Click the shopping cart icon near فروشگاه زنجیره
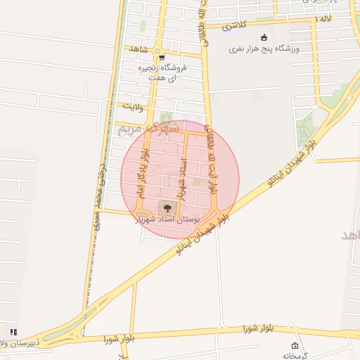pos(161,58)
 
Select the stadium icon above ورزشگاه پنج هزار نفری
pos(264,37)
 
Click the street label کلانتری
pos(235,25)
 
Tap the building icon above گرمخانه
pos(295,345)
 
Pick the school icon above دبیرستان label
pos(13,332)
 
